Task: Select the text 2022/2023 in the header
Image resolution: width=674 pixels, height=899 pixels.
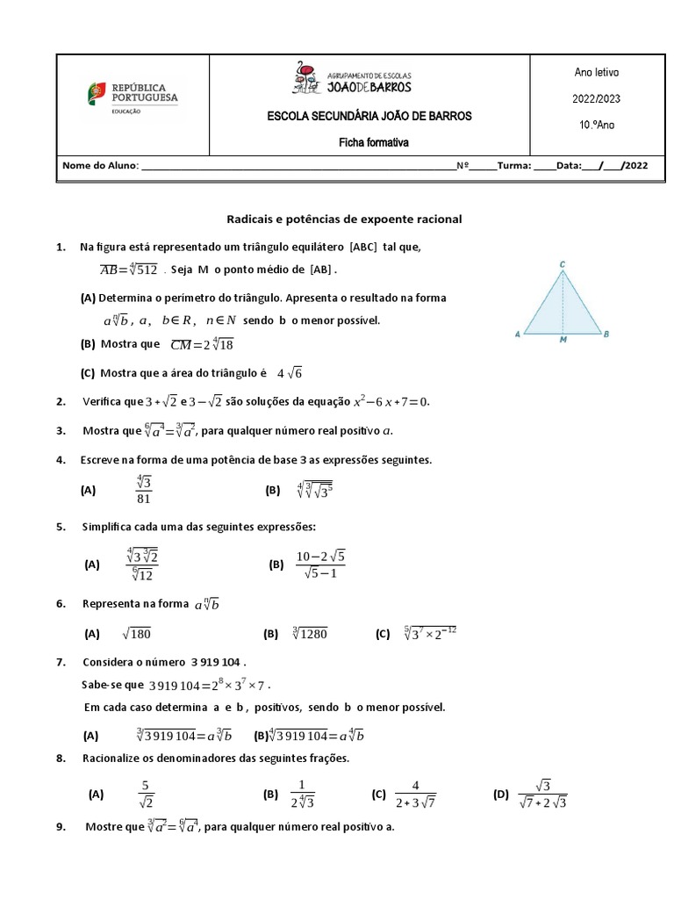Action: coord(596,99)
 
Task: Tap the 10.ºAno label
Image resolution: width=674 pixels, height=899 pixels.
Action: coord(596,125)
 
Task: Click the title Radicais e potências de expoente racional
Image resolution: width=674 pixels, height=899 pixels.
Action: coord(344,219)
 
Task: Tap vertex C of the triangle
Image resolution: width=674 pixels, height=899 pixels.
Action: coord(563,263)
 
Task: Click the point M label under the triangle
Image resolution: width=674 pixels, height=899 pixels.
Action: coord(563,342)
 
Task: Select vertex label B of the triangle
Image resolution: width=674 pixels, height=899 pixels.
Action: coord(607,334)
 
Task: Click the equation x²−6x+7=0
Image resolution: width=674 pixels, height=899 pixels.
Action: coord(391,401)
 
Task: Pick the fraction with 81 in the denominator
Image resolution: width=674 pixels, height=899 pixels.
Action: coord(144,490)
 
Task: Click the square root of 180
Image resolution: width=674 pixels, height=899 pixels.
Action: coord(142,633)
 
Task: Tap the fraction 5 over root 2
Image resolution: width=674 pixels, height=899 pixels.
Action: coord(147,794)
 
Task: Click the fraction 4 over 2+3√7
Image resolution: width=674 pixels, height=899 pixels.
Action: coord(415,794)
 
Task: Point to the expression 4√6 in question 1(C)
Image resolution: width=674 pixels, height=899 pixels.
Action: coord(289,373)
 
